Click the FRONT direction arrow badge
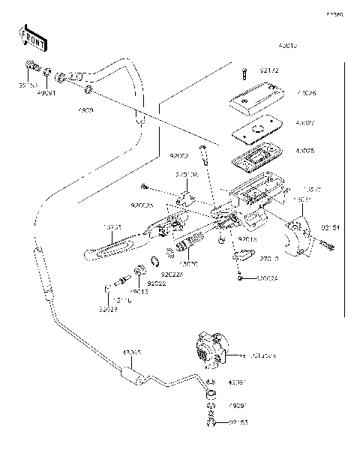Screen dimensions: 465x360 tap(31, 38)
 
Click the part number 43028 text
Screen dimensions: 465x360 tap(304, 151)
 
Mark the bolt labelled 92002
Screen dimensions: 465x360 tap(203, 154)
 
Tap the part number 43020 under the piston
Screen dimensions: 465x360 tap(190, 265)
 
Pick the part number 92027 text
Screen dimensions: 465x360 tap(109, 308)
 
